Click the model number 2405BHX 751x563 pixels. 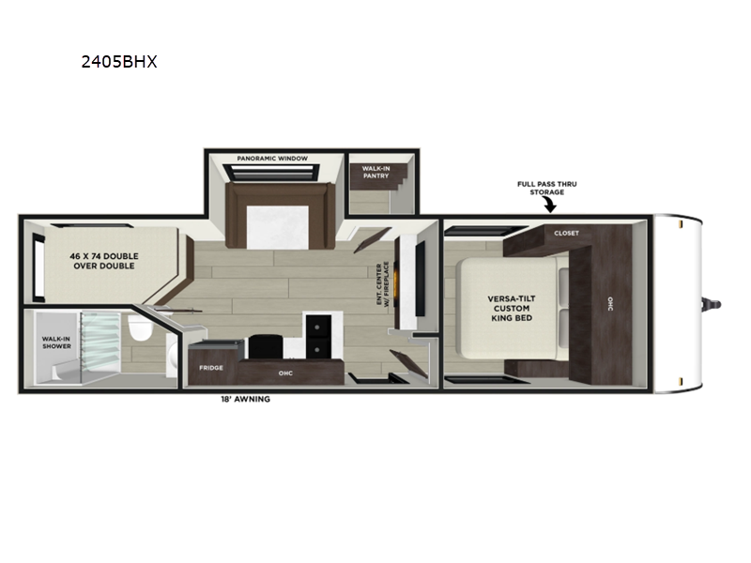119,62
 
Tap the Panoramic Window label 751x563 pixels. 272,159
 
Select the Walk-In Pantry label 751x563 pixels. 376,173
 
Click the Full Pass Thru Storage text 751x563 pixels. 547,189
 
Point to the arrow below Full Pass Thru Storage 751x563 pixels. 550,205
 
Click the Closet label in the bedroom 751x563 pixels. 567,233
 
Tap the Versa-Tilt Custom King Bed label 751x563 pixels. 512,309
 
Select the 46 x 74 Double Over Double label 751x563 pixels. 104,261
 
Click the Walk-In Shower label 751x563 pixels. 56,342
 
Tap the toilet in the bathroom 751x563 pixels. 139,327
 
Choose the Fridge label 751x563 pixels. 211,368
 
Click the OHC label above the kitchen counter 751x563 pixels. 285,373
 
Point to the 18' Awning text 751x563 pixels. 245,399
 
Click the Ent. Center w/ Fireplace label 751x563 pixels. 383,283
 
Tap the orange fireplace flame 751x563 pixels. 396,283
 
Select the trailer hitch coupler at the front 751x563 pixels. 712,304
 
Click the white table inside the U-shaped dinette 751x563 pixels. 278,227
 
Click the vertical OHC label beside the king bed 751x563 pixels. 610,304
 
